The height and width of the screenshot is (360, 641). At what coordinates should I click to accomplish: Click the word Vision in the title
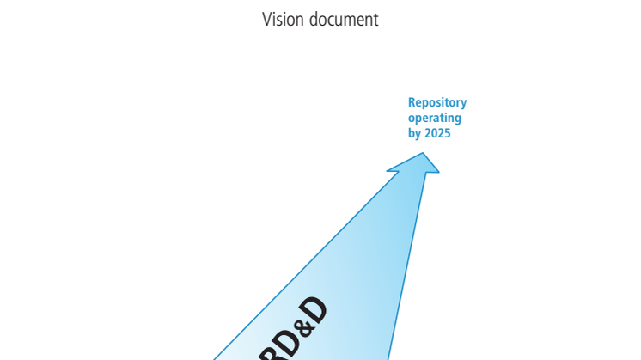283,19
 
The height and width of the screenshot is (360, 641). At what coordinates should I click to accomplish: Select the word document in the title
344,19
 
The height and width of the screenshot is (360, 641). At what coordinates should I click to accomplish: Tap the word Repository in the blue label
437,103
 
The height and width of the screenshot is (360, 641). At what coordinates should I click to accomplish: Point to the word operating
435,119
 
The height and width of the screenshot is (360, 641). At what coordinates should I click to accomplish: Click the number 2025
437,133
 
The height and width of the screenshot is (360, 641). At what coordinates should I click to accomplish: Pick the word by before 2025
415,134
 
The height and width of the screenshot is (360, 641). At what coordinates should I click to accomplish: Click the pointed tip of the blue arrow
423,153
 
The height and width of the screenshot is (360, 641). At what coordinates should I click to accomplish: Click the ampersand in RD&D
303,326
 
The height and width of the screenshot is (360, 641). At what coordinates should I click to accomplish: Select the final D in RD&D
314,310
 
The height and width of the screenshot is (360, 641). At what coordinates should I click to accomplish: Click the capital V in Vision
266,19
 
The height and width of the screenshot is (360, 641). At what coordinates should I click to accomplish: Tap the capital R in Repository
412,102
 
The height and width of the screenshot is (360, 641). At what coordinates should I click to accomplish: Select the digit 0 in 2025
435,133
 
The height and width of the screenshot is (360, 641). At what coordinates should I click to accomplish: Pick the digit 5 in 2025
447,133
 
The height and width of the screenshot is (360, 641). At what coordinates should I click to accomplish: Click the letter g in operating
457,119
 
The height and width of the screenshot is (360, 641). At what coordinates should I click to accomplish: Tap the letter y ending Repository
464,104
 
